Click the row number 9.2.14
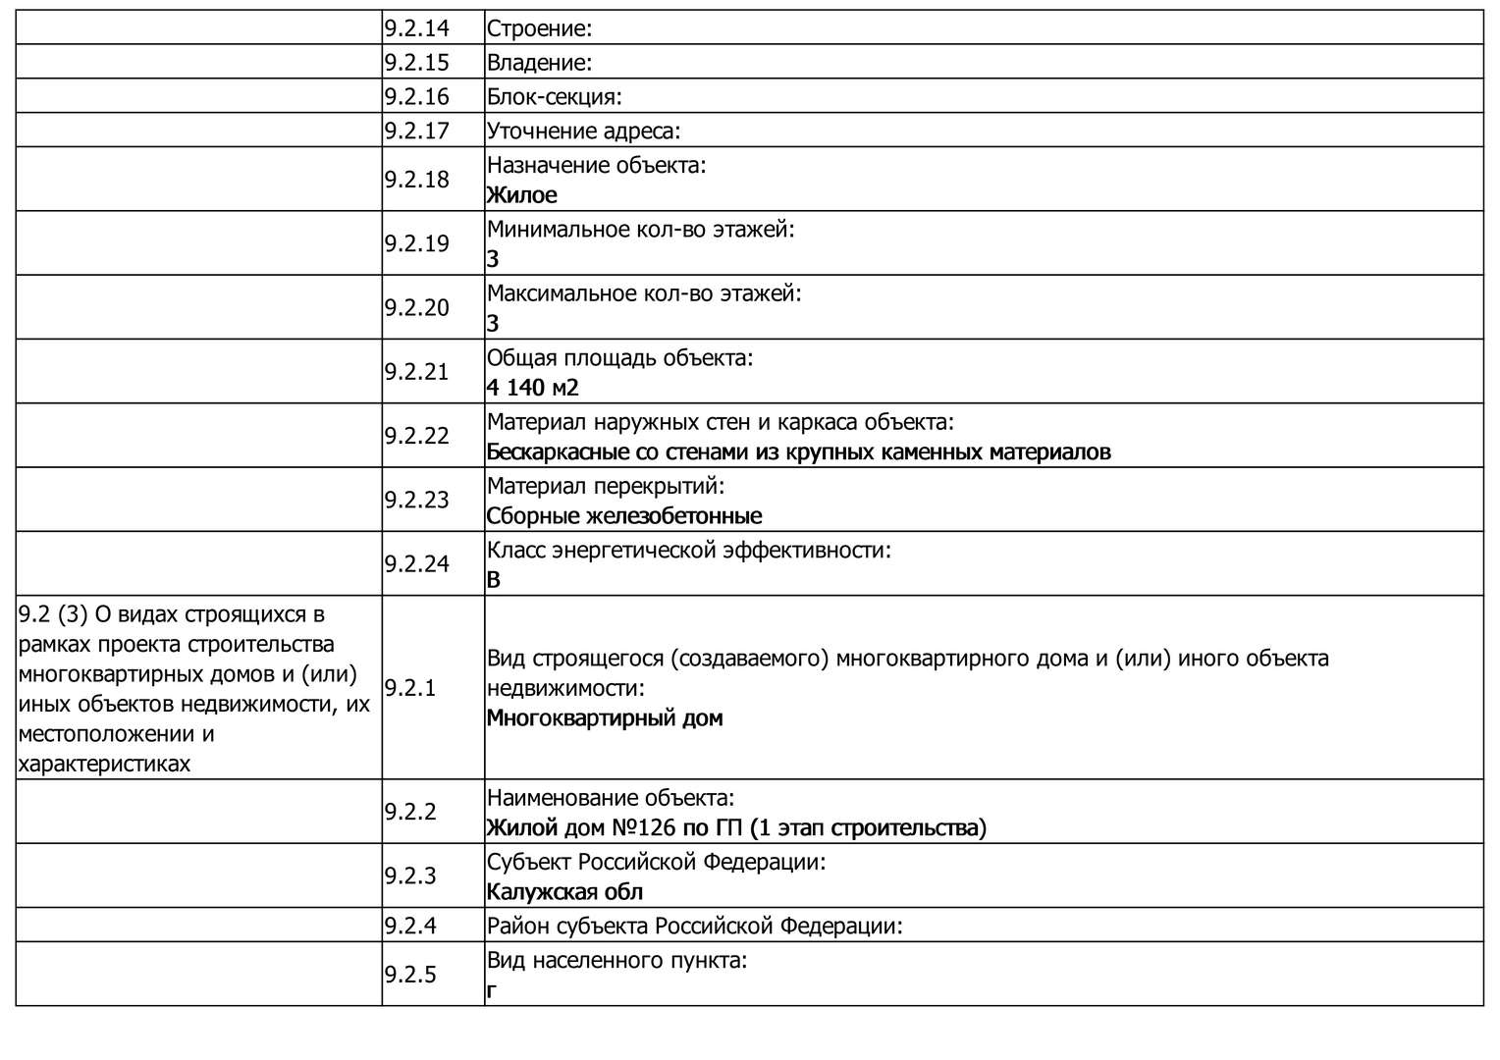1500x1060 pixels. pyautogui.click(x=416, y=28)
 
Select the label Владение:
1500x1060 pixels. pyautogui.click(x=539, y=63)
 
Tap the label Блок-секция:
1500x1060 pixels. pyautogui.click(x=554, y=97)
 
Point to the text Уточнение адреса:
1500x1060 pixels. pyautogui.click(x=583, y=132)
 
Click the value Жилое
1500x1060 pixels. pyautogui.click(x=521, y=195)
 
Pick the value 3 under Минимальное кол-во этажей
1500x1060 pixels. pyautogui.click(x=493, y=259)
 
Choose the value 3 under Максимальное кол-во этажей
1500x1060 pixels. pyautogui.click(x=493, y=323)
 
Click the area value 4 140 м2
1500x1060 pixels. pyautogui.click(x=532, y=388)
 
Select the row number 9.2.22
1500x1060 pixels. pyautogui.click(x=416, y=436)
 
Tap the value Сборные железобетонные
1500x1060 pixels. pyautogui.click(x=623, y=516)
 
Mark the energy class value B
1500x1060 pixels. pyautogui.click(x=493, y=580)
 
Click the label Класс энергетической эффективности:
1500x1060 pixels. pyautogui.click(x=688, y=551)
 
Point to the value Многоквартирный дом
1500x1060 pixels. pyautogui.click(x=604, y=718)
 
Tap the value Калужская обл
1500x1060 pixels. pyautogui.click(x=564, y=892)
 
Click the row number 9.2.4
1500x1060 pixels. pyautogui.click(x=410, y=926)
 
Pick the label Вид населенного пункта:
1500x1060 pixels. pyautogui.click(x=616, y=960)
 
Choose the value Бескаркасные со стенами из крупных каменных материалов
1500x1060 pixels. pyautogui.click(x=798, y=452)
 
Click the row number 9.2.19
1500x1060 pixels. pyautogui.click(x=416, y=243)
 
